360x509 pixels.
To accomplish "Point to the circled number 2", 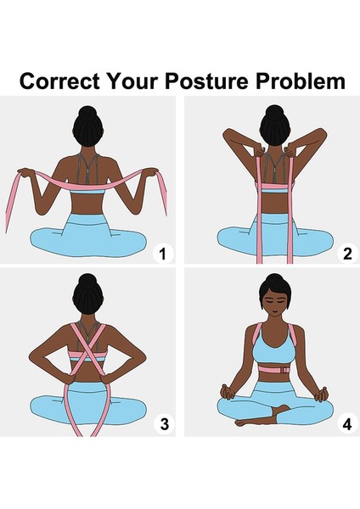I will point(346,253).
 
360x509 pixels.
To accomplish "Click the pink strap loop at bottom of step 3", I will point(85,416).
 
